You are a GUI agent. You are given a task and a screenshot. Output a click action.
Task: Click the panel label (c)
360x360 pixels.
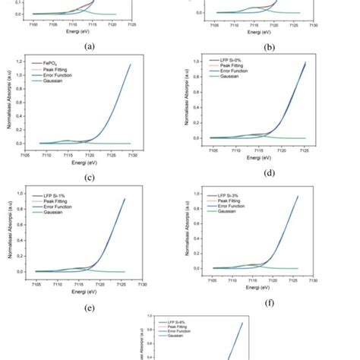tap(90, 178)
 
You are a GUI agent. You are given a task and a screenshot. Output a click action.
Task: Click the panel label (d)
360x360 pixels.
tap(270, 173)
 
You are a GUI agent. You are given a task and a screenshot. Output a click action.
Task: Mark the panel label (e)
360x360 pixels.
tap(90, 308)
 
